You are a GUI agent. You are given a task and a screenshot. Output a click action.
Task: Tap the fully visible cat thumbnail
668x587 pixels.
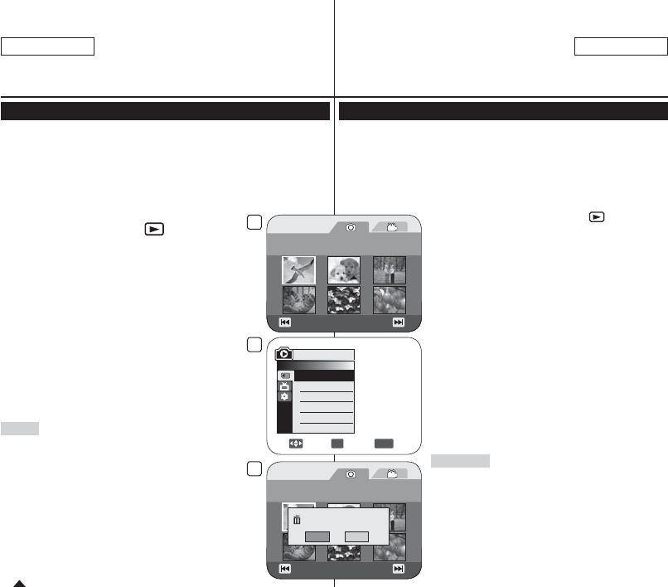click(x=298, y=299)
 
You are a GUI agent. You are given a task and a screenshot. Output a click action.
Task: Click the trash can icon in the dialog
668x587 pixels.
click(x=296, y=520)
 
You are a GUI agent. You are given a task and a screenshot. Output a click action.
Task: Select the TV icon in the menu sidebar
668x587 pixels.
click(x=285, y=386)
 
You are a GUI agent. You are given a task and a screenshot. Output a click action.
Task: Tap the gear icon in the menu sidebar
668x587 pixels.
click(x=285, y=397)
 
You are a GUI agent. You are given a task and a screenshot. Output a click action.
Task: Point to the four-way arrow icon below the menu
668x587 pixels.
click(x=295, y=444)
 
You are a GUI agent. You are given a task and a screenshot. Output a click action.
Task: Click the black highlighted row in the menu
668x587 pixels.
click(x=324, y=376)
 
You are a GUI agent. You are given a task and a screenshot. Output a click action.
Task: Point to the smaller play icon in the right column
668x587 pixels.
click(x=596, y=216)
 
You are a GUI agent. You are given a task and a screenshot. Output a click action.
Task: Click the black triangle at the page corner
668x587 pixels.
click(x=20, y=582)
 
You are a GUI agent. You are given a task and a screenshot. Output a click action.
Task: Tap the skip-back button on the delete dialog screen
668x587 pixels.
click(x=284, y=570)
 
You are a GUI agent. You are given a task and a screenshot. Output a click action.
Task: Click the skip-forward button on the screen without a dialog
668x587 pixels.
click(x=398, y=323)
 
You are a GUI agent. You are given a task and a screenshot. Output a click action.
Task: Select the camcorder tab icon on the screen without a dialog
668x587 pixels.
click(x=392, y=226)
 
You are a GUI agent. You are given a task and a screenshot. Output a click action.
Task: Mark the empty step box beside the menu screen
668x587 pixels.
click(x=254, y=345)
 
